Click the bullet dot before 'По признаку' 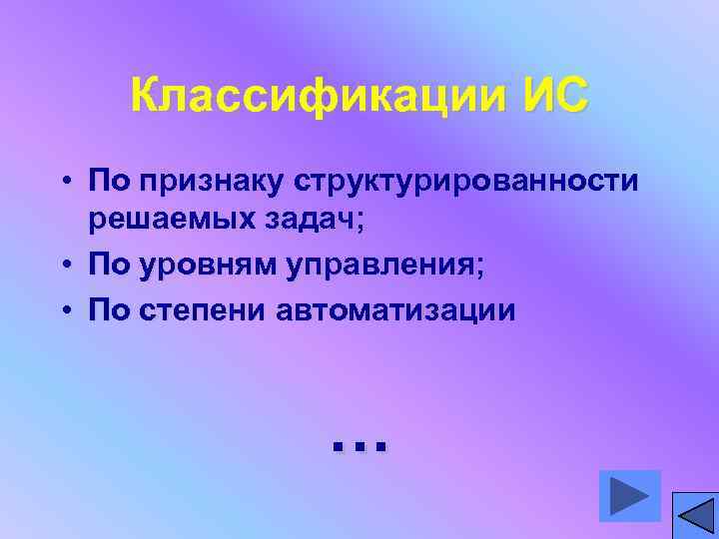tap(63, 183)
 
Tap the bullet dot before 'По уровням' tap(63, 265)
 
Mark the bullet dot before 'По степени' tap(63, 310)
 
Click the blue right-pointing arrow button tap(629, 495)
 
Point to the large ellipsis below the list tap(358, 443)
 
